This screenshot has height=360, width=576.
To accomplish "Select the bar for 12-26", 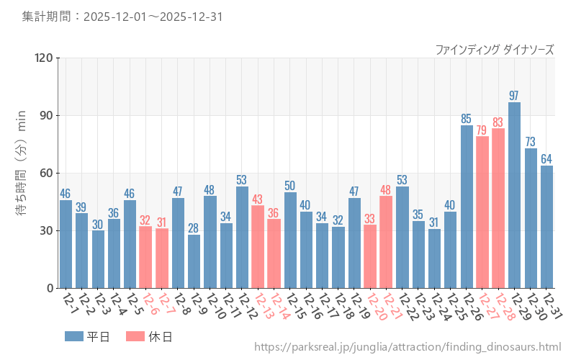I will pos(467,207).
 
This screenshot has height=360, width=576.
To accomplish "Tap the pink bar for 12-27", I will pos(482,212).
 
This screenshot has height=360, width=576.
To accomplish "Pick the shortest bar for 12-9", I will pos(194,261).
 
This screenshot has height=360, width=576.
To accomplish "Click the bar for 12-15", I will pos(290,240).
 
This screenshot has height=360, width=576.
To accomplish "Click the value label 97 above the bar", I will pos(514,96).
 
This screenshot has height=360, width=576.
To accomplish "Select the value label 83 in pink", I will pos(498,122).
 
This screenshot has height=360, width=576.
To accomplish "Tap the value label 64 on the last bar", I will pos(546,159).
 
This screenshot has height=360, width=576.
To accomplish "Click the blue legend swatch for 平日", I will pos(74,336).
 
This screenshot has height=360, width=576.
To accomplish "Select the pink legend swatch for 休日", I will pos(135,336).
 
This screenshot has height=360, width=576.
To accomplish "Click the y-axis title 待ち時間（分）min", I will pos(22,173).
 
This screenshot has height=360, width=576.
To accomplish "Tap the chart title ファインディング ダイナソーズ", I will pos(495,50).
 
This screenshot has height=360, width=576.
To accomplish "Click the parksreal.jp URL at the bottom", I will pos(408,347).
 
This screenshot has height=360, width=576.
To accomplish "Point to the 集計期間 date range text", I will pos(122,16).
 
